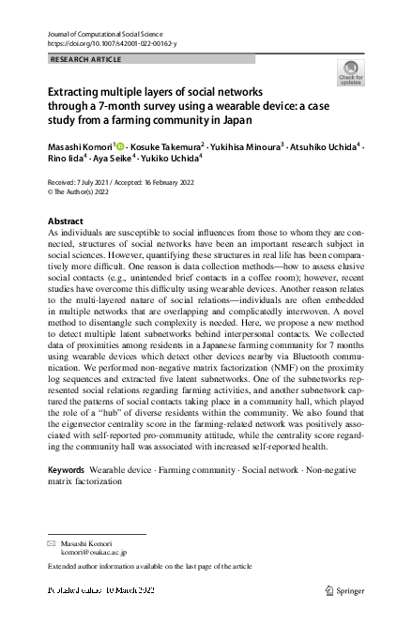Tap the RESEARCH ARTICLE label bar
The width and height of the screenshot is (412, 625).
(x=150, y=58)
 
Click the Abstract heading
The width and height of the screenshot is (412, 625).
(x=66, y=221)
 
